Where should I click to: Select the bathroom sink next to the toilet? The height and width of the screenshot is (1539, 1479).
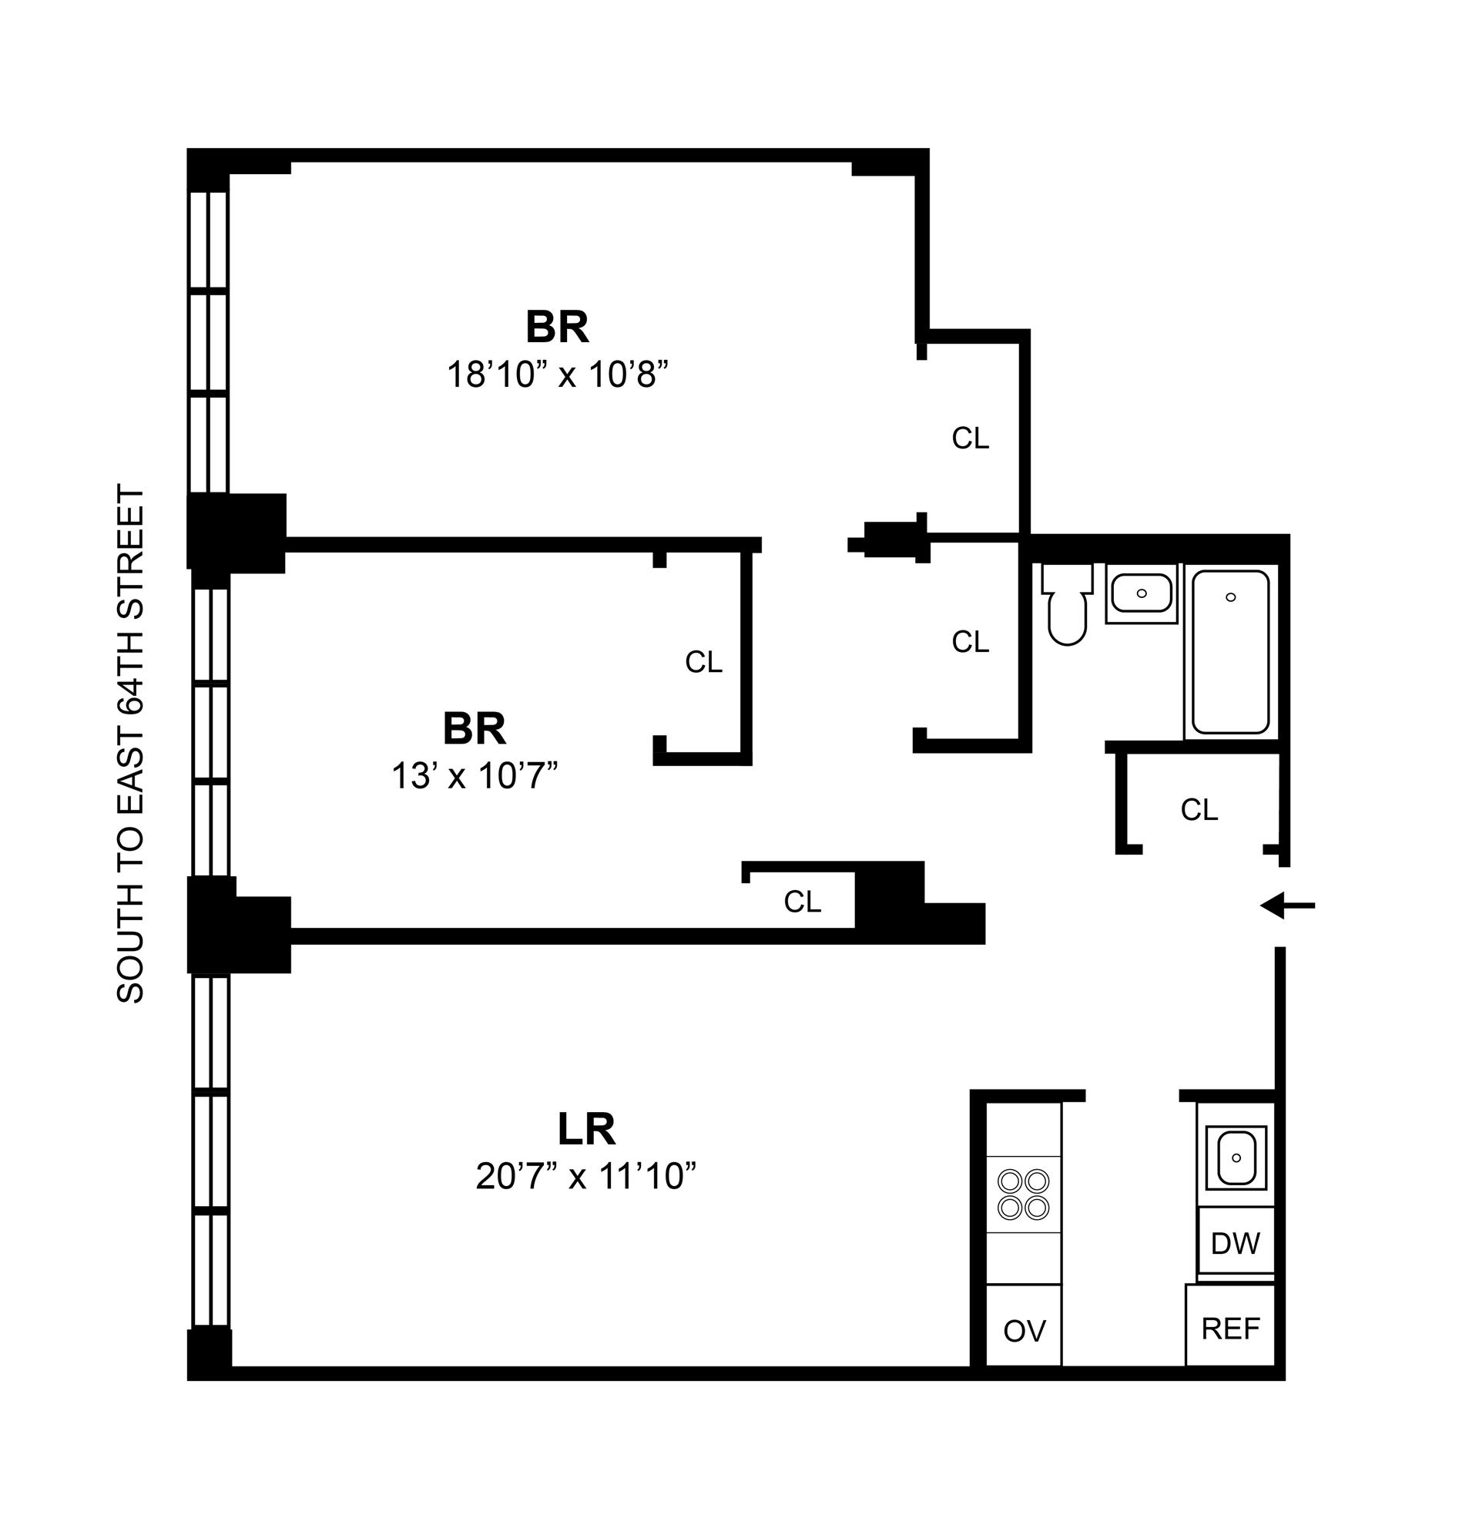click(x=1141, y=593)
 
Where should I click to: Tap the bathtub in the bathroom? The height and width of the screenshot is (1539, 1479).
click(x=1230, y=653)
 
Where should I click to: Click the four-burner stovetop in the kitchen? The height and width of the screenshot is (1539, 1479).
click(x=1024, y=1195)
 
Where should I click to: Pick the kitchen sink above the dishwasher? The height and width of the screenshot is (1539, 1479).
click(x=1236, y=1158)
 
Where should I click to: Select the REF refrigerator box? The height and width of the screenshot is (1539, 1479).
click(x=1230, y=1329)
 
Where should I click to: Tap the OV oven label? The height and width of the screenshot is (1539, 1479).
click(x=1025, y=1331)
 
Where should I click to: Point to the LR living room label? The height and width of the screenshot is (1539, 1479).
click(x=586, y=1130)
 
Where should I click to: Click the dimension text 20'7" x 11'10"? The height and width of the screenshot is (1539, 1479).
click(x=585, y=1177)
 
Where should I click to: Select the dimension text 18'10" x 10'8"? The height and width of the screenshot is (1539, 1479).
click(x=558, y=375)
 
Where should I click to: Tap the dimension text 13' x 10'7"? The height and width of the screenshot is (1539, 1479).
click(x=475, y=777)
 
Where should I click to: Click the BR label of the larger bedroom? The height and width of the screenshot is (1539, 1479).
click(x=558, y=328)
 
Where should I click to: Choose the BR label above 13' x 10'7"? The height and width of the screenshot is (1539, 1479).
click(x=475, y=730)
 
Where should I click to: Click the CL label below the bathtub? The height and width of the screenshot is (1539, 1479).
click(x=1199, y=809)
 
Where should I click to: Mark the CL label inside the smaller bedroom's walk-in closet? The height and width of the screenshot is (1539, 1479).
click(x=703, y=663)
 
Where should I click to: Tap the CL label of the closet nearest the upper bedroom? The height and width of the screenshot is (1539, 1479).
click(x=971, y=439)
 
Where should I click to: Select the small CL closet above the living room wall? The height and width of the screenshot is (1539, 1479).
click(x=802, y=902)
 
